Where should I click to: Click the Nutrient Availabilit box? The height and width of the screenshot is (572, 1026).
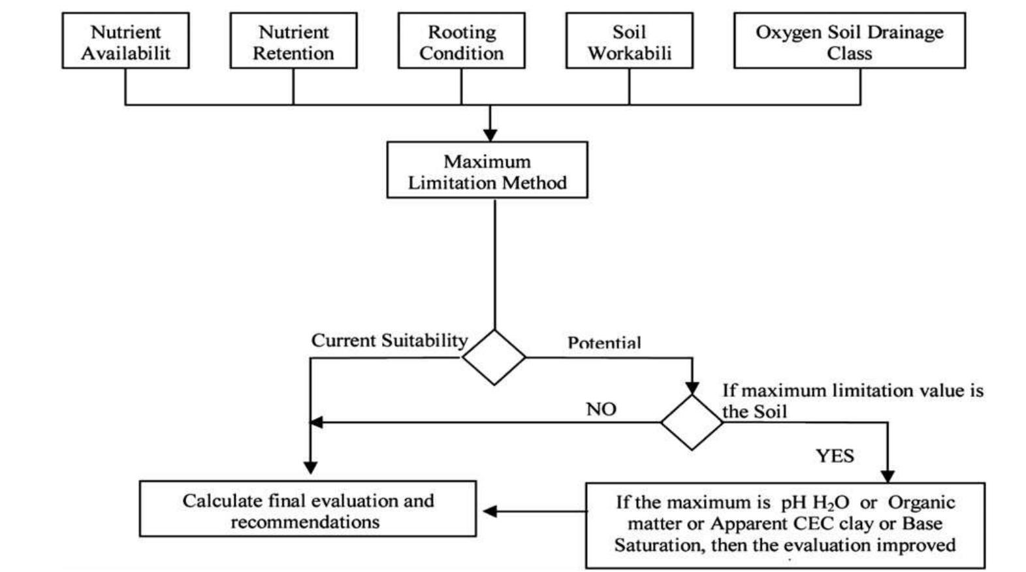click(x=125, y=40)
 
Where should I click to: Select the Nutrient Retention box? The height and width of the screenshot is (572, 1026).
click(x=293, y=40)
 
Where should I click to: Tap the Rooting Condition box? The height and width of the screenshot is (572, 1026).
click(x=461, y=40)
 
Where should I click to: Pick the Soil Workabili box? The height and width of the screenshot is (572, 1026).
click(x=629, y=40)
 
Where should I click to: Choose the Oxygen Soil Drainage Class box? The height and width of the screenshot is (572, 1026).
click(x=849, y=40)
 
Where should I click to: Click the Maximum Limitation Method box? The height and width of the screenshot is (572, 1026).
click(x=487, y=170)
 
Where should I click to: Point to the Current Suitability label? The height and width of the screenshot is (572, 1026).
click(x=389, y=341)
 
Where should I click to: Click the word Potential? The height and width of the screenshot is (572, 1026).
click(x=604, y=343)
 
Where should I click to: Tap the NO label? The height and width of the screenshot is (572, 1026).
click(x=601, y=409)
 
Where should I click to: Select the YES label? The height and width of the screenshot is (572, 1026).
click(x=835, y=456)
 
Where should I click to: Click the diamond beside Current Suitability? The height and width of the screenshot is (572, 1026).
click(x=494, y=357)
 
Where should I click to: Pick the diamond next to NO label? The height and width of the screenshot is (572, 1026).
click(x=692, y=422)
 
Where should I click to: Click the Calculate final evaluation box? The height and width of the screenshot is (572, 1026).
click(x=308, y=509)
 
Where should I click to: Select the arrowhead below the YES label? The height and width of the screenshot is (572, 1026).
click(x=888, y=476)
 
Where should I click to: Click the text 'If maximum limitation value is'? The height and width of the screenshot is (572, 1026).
click(x=852, y=391)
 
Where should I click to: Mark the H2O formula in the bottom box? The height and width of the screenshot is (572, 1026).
click(x=831, y=503)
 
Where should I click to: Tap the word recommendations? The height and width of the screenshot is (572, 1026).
click(x=305, y=522)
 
